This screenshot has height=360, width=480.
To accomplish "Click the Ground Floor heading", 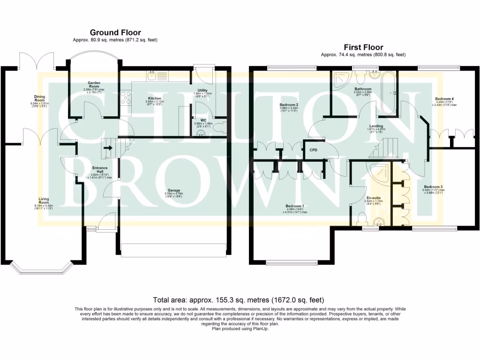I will [115, 32].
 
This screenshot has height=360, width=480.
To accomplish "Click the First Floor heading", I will [363, 47].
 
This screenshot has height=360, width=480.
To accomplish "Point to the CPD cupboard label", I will [312, 150].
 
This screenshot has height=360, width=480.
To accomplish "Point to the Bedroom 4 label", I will [444, 99].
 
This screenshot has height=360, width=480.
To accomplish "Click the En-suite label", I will [374, 198].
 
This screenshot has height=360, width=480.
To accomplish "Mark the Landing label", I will [375, 126].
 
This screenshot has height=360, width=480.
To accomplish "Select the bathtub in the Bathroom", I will [388, 92].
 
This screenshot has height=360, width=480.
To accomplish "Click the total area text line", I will [239, 300].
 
